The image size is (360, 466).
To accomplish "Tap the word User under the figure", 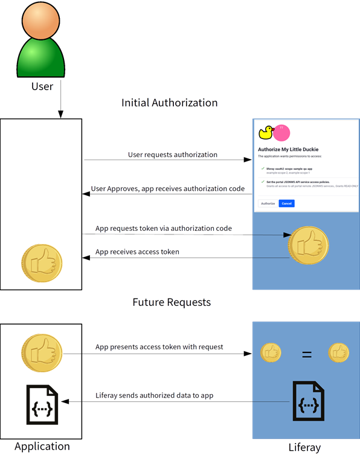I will (42, 86).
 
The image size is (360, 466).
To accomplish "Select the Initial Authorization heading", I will (169, 103).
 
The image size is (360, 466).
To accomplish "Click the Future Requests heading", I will (172, 302).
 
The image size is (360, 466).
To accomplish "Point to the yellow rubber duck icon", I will (266, 132).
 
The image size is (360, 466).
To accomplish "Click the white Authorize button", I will (268, 204).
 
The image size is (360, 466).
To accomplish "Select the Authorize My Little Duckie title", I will (288, 149).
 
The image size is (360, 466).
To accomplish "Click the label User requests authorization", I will (172, 155).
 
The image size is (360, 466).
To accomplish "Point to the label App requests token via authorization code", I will (164, 228).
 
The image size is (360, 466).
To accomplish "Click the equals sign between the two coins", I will (307, 354).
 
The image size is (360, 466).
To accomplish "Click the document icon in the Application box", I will (42, 403).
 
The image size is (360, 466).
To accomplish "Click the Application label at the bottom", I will (42, 447).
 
